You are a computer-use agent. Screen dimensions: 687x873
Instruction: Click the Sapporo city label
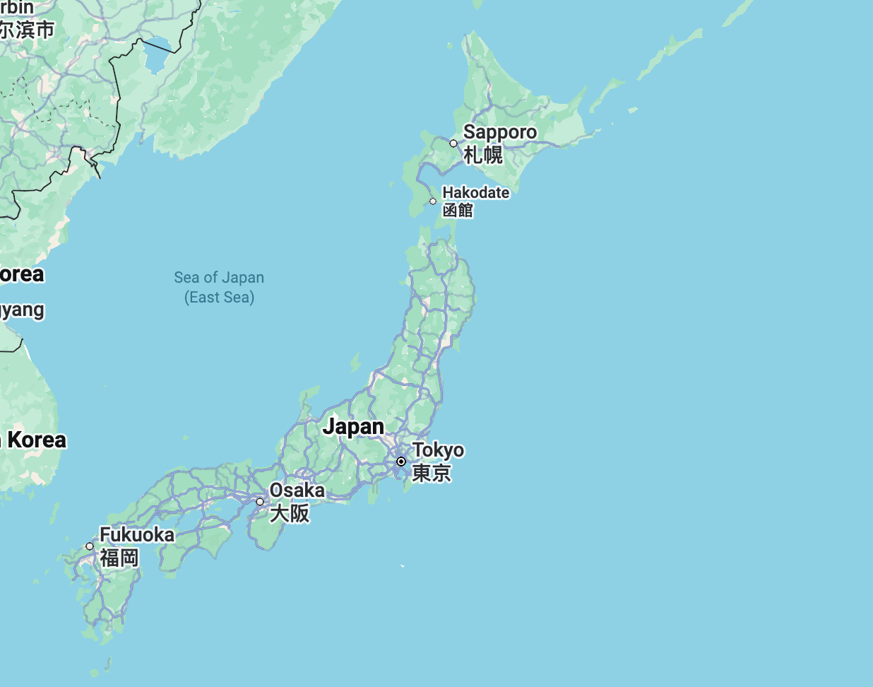(x=499, y=132)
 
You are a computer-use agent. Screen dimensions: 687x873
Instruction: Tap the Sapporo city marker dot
(x=453, y=143)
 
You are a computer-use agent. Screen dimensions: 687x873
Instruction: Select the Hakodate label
(x=475, y=192)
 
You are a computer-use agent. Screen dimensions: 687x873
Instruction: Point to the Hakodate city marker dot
(x=433, y=201)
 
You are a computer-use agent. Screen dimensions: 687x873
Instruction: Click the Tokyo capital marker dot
(x=401, y=462)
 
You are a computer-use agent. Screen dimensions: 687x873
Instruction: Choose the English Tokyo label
(x=438, y=450)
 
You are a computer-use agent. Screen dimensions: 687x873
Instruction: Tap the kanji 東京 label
(x=431, y=473)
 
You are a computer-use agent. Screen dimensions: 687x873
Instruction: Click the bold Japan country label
(x=353, y=427)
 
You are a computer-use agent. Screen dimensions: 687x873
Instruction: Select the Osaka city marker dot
(x=260, y=502)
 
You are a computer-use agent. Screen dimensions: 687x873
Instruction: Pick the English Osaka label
(x=297, y=490)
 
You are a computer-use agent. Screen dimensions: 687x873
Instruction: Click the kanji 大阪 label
(x=290, y=513)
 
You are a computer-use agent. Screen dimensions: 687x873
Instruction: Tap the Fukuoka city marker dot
(x=90, y=546)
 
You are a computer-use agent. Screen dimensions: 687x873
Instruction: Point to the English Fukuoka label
(x=137, y=535)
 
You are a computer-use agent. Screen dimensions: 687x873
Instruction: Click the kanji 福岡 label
(x=119, y=558)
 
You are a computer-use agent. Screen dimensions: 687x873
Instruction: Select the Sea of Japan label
(x=219, y=278)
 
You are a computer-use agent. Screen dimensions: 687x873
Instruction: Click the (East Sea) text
(x=219, y=298)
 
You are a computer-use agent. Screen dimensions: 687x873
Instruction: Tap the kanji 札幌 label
(x=483, y=155)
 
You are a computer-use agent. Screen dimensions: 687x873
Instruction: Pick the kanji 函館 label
(x=458, y=210)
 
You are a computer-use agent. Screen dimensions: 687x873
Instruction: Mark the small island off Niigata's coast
(x=355, y=363)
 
